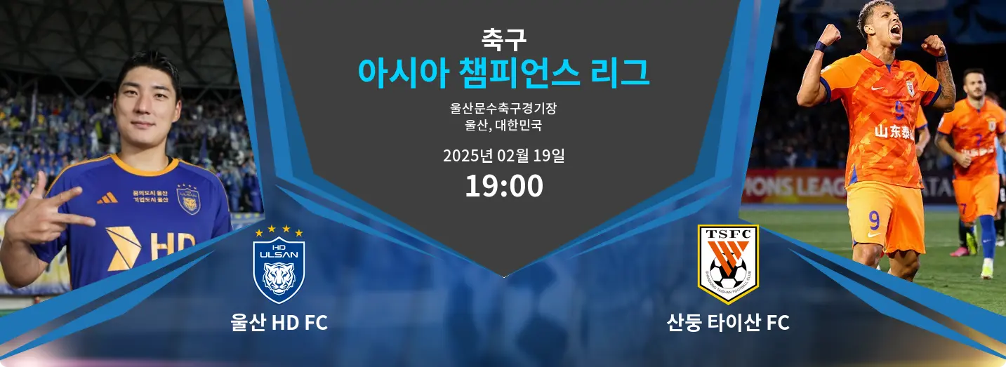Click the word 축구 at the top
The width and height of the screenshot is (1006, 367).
503,39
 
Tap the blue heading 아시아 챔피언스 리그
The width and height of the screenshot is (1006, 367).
503,73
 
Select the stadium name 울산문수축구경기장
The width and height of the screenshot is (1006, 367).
503,108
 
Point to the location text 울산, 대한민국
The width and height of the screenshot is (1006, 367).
503,125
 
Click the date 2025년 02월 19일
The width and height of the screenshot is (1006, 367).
503,156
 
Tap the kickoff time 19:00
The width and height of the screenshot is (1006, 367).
504,186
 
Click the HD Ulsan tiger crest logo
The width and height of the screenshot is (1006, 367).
279,270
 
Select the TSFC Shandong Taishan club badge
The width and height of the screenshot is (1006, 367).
728,264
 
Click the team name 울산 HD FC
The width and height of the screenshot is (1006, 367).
279,323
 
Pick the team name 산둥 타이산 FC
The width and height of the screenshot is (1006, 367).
728,323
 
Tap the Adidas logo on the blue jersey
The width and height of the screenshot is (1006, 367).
107,198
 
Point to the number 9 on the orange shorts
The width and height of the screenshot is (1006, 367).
874,221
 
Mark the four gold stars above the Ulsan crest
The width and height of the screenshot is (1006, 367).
279,231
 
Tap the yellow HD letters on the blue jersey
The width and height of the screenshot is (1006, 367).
171,247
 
